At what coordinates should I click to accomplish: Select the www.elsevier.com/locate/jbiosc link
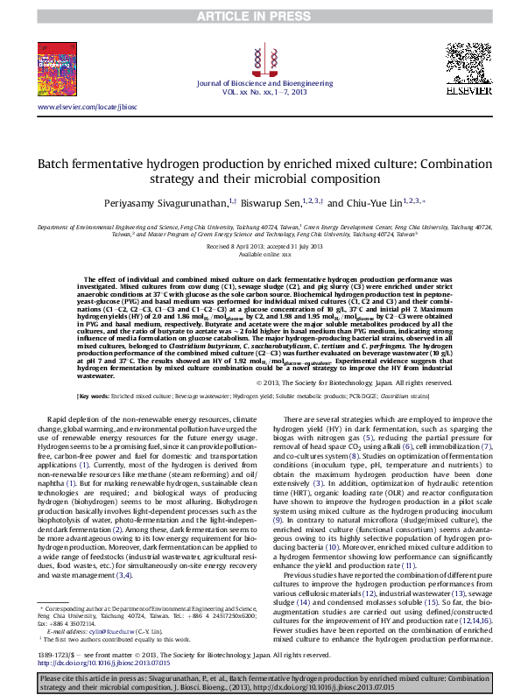point(88,106)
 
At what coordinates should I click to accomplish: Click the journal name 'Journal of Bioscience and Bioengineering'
point(259,81)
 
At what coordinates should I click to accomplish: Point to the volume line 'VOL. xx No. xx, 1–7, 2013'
point(259,90)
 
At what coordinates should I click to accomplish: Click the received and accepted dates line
point(260,247)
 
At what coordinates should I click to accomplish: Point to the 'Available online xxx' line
point(260,255)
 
